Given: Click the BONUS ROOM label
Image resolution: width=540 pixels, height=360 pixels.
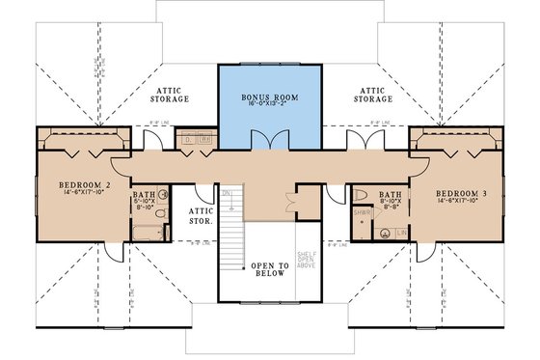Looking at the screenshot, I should (269, 97).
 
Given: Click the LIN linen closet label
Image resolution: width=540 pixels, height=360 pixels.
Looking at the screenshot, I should (399, 233).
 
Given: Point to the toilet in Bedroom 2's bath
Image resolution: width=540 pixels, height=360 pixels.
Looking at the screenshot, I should (163, 215).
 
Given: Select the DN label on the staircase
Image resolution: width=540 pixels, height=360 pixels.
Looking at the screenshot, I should (227, 194).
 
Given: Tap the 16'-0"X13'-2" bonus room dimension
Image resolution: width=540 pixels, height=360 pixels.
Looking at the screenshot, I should (269, 107).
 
